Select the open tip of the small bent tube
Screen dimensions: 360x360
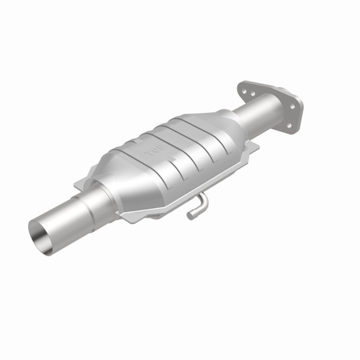pos(189,215)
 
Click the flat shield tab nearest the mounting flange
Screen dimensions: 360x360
pos(251,147)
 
